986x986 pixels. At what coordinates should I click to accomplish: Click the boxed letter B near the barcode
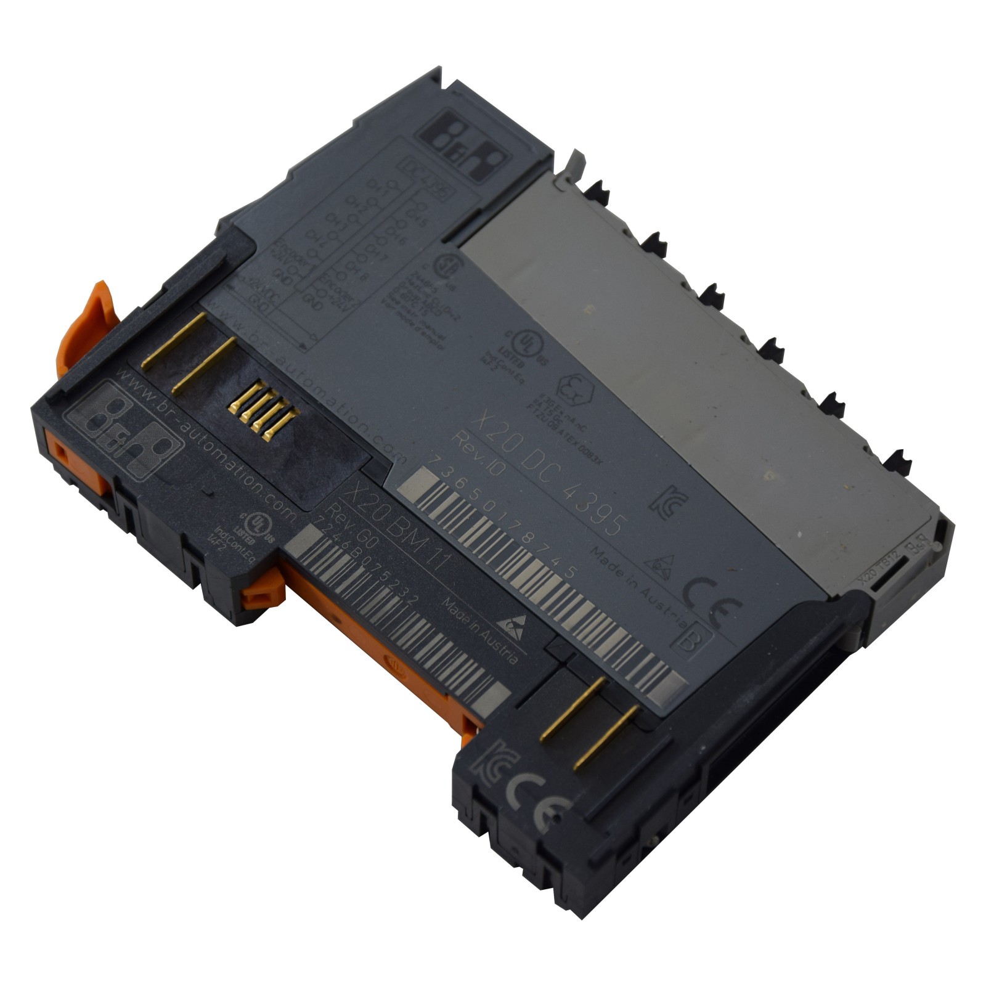[694, 640]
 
